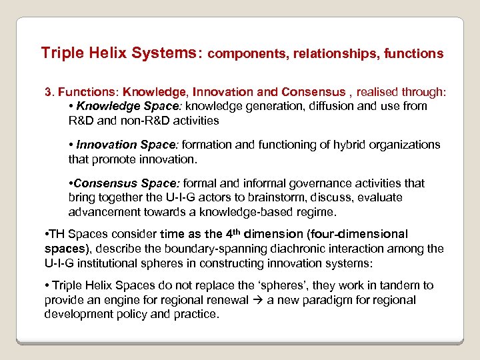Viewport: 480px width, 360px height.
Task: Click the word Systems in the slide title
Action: coord(169,53)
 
